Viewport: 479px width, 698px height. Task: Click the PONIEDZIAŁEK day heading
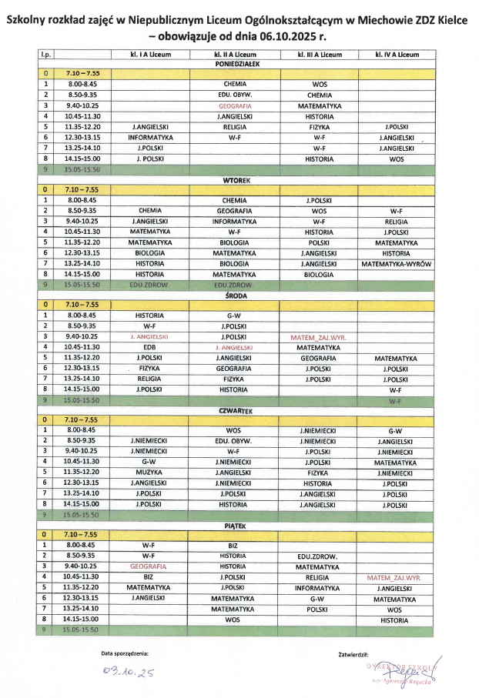coord(234,64)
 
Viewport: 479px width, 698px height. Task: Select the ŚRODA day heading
coord(234,295)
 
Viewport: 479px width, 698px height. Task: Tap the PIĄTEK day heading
coord(234,524)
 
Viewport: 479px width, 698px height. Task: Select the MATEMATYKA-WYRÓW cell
coord(396,263)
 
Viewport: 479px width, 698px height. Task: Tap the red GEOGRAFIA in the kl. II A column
coord(234,105)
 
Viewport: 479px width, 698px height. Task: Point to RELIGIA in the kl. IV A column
coord(396,221)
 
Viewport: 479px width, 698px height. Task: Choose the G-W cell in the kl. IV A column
coord(396,430)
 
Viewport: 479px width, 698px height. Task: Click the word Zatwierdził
coord(354,654)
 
